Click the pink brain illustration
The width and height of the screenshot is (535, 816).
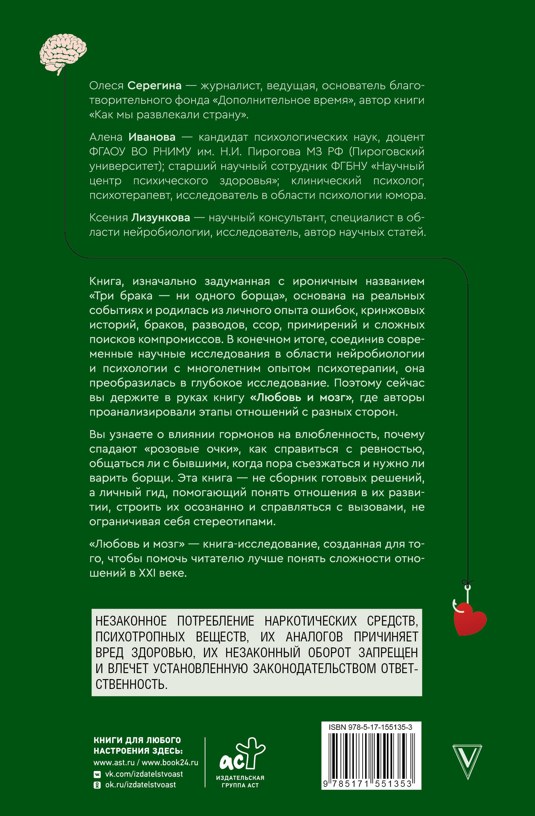(63, 51)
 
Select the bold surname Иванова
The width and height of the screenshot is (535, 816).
(152, 137)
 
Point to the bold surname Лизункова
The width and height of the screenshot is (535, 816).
(160, 217)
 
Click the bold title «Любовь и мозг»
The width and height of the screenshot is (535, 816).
(302, 397)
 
